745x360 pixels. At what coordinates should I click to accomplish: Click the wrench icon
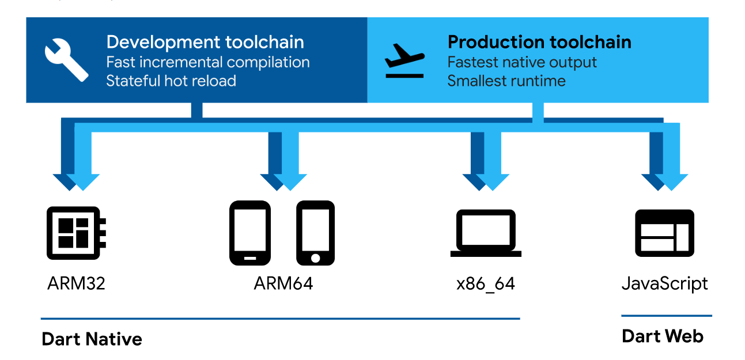[x=66, y=60]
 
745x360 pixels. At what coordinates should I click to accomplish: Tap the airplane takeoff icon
[x=404, y=60]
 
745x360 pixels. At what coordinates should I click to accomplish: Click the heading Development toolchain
[x=205, y=42]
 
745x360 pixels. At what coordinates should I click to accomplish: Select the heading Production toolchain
[x=539, y=42]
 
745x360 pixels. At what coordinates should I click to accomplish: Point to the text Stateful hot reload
[x=171, y=81]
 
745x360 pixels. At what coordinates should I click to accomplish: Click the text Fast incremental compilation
[x=208, y=62]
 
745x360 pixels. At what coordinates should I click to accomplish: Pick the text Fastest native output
[x=522, y=62]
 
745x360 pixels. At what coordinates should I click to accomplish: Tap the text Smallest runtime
[x=506, y=81]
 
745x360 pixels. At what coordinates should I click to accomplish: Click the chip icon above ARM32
[x=76, y=233]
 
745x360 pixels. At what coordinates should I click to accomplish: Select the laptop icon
[x=486, y=233]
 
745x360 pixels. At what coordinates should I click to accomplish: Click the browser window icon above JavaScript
[x=664, y=233]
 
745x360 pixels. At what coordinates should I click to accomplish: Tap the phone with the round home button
[x=315, y=233]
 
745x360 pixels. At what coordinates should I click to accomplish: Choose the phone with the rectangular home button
[x=250, y=233]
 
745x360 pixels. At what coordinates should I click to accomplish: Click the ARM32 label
[x=76, y=283]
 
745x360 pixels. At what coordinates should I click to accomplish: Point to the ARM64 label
[x=283, y=283]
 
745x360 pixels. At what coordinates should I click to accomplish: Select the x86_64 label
[x=486, y=284]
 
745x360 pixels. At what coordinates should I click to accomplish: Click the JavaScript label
[x=665, y=284]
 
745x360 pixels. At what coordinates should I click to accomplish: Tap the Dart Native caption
[x=92, y=339]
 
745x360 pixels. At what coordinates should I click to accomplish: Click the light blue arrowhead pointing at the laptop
[x=493, y=182]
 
